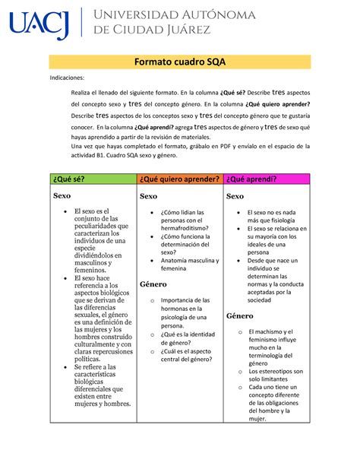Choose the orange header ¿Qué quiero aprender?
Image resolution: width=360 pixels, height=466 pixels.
[x=179, y=179]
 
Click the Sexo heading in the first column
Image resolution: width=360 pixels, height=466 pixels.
[x=62, y=195]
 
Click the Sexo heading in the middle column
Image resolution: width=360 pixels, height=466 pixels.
[x=148, y=195]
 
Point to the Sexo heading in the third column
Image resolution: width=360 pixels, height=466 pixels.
[x=236, y=195]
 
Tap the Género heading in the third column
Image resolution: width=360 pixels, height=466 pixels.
[x=241, y=315]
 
